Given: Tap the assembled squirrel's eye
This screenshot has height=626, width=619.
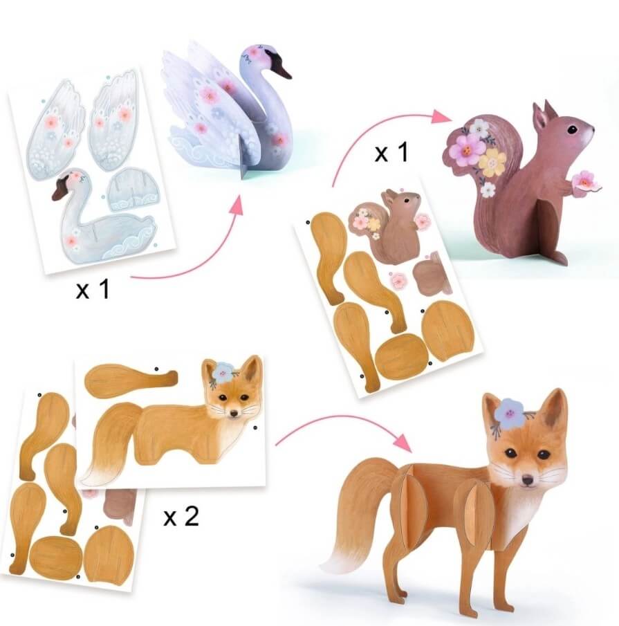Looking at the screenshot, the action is click(x=572, y=129).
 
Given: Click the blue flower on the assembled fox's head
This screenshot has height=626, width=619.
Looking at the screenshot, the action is click(x=509, y=412).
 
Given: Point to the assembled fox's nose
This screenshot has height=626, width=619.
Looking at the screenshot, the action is click(x=528, y=480).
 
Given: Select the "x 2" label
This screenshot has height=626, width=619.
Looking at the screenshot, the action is click(x=181, y=517).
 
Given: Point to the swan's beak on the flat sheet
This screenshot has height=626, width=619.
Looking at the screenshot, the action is click(x=61, y=188).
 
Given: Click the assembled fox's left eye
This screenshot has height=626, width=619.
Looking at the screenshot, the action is click(x=509, y=453).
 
